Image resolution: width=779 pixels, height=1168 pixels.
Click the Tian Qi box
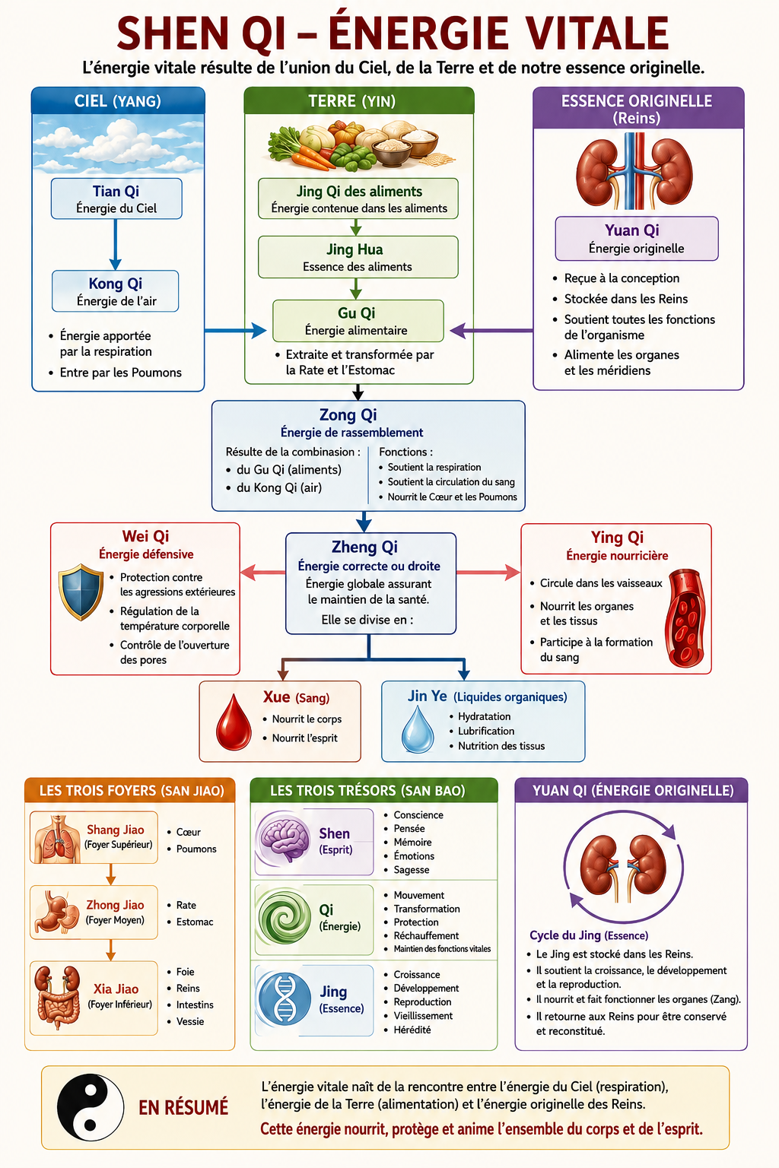click(116, 198)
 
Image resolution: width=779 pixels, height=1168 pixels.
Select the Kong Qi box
click(116, 291)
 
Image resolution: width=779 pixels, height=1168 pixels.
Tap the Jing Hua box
click(358, 257)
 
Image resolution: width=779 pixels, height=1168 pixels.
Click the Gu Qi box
click(358, 321)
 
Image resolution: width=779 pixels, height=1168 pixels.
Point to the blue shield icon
click(81, 592)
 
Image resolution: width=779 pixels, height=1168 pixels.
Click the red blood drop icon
click(234, 722)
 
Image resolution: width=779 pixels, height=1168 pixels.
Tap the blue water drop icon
click(418, 728)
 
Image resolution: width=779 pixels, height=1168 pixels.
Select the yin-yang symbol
click(91, 1107)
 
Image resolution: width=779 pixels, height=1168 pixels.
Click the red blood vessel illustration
click(685, 618)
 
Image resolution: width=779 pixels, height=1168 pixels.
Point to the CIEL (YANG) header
click(118, 100)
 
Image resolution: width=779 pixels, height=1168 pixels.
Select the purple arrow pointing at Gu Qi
click(491, 330)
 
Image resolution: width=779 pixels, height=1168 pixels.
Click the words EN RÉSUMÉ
click(183, 1107)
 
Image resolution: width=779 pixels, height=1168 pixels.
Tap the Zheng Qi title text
click(364, 547)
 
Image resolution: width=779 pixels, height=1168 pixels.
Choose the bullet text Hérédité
click(412, 1030)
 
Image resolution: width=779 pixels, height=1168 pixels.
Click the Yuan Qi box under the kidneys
click(637, 238)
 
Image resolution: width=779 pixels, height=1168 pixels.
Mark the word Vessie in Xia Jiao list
click(190, 1021)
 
